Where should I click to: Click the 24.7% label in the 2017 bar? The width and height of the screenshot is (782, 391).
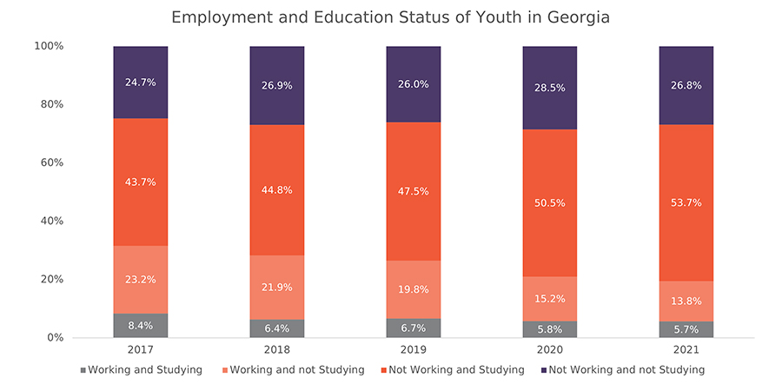140,83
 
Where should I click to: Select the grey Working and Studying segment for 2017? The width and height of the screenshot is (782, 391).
140,325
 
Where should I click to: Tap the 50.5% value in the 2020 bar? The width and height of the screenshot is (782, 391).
550,203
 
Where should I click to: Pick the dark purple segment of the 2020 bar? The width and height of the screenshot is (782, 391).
550,88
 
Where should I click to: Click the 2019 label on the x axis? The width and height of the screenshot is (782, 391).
414,350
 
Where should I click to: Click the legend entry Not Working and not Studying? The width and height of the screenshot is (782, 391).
623,370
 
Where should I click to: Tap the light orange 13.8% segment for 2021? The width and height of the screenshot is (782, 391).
686,302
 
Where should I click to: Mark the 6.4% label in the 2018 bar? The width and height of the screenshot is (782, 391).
277,328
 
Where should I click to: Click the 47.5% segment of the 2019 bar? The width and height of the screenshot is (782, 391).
414,191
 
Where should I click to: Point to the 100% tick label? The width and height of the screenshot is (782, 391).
49,46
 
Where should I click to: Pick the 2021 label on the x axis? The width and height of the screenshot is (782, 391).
686,350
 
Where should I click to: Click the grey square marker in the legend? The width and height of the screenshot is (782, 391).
83,370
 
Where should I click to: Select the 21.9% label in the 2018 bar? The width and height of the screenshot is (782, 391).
277,288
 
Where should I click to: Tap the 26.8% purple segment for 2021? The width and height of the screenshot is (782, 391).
686,85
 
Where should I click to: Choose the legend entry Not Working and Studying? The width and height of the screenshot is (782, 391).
453,370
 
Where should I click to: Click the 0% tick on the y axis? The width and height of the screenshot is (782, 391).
55,338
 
